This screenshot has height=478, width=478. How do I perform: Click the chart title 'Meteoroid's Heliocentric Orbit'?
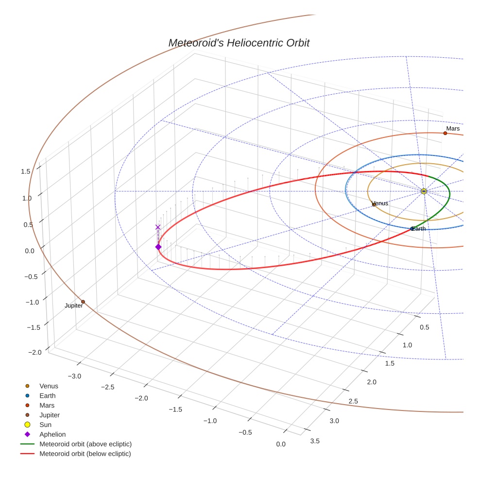(239, 43)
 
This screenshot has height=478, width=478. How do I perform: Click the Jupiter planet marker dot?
(83, 302)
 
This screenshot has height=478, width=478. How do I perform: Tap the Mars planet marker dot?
(445, 133)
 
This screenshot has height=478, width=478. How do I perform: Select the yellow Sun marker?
(424, 191)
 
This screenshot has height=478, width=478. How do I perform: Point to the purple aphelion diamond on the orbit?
(158, 247)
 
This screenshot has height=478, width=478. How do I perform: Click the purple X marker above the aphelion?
(158, 227)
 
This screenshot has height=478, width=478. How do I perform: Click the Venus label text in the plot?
(380, 203)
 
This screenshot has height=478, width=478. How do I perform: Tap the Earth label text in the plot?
(418, 228)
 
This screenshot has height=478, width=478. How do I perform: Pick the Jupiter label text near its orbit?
(74, 306)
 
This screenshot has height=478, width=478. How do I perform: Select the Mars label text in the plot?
(453, 129)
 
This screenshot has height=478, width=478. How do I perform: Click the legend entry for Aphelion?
(52, 434)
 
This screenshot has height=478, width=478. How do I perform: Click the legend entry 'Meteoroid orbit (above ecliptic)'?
(85, 444)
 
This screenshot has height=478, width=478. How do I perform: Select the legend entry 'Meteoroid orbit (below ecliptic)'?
(85, 454)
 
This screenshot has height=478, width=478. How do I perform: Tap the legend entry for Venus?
(49, 386)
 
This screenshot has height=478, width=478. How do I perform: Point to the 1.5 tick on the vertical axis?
(26, 171)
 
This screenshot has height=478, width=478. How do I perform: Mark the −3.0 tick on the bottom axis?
(74, 376)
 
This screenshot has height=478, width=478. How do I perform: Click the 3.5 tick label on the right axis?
(315, 441)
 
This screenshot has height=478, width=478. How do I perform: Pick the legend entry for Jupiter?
(50, 415)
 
